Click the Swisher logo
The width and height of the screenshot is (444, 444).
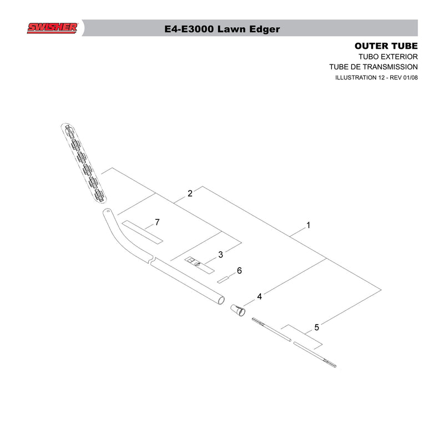[x=52, y=28]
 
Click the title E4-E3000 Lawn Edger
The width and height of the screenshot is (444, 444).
[x=222, y=29]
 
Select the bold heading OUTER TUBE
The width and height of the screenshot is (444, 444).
[x=386, y=46]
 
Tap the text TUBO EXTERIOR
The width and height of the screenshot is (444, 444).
[x=388, y=57]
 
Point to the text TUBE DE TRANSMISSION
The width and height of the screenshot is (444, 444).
[x=373, y=67]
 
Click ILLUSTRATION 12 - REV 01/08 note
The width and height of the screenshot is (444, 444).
[x=376, y=77]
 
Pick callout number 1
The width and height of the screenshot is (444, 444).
[x=309, y=225]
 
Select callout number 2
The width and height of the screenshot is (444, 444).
[x=190, y=193]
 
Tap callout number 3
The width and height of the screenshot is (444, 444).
[x=220, y=255]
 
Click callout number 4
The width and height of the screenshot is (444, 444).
[x=259, y=296]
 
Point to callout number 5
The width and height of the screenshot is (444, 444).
[x=316, y=327]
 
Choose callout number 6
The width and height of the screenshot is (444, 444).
[x=239, y=271]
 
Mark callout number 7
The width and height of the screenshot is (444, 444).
[x=157, y=223]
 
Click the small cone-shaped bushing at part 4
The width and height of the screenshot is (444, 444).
[x=238, y=310]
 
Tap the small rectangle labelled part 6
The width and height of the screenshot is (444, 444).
[x=223, y=280]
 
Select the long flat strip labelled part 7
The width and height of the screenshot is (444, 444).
[x=143, y=232]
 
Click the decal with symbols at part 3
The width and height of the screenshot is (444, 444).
[x=200, y=265]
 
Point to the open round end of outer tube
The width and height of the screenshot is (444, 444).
[x=221, y=300]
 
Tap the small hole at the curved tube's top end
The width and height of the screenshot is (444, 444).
[x=108, y=211]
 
